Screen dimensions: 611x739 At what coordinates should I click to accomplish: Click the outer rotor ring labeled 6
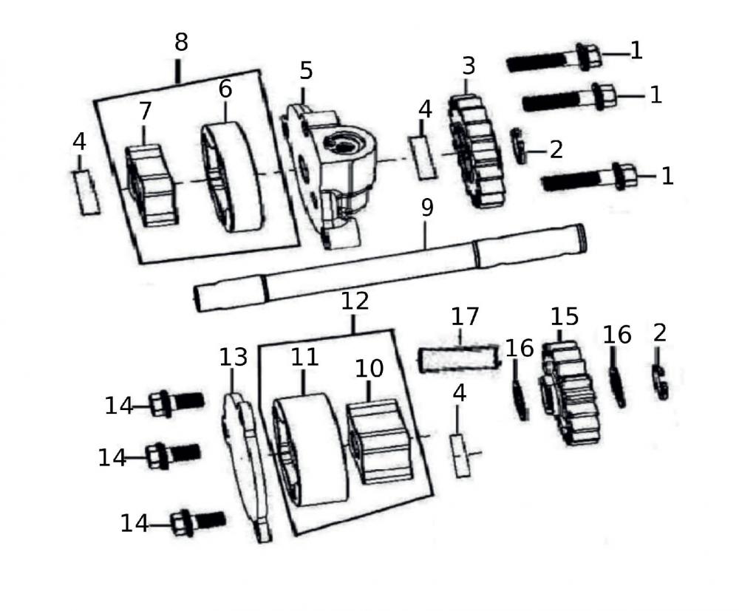232,177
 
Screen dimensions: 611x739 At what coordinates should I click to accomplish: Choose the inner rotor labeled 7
151,185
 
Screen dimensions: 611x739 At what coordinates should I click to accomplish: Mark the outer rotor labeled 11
309,451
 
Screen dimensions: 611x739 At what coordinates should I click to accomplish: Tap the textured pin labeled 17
458,360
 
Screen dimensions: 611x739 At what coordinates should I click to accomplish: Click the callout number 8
181,43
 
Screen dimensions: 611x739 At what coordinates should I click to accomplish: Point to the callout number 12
355,301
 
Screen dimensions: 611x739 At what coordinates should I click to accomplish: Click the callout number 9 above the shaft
426,209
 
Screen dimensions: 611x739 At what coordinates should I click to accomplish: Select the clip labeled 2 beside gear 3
520,146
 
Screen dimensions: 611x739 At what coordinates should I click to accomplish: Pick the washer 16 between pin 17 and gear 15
521,399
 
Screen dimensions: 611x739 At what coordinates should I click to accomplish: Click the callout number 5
306,71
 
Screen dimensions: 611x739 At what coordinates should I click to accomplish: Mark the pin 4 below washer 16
461,456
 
